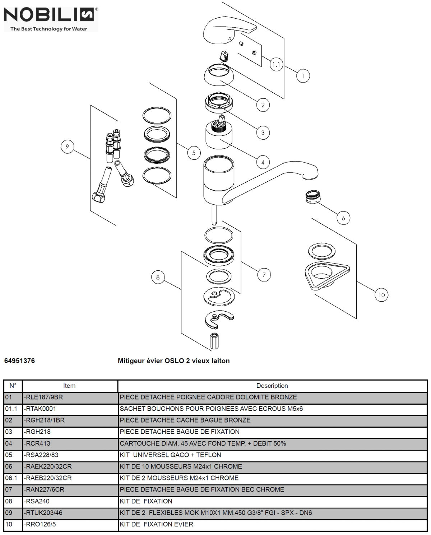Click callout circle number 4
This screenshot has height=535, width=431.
point(263,162)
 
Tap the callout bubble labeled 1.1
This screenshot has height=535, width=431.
point(276,65)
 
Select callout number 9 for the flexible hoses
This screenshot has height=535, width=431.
point(67,147)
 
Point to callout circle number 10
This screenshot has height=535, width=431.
point(381,295)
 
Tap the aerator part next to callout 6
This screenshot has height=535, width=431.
point(311,197)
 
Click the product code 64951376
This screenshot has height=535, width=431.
point(19,361)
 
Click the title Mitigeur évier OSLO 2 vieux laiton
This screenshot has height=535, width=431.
point(173,361)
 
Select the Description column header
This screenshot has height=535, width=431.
point(272,386)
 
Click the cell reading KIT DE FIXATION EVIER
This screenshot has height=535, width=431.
point(156,524)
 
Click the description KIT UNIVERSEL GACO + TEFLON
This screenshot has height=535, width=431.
point(170,455)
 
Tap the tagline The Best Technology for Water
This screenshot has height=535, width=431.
point(48,29)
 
